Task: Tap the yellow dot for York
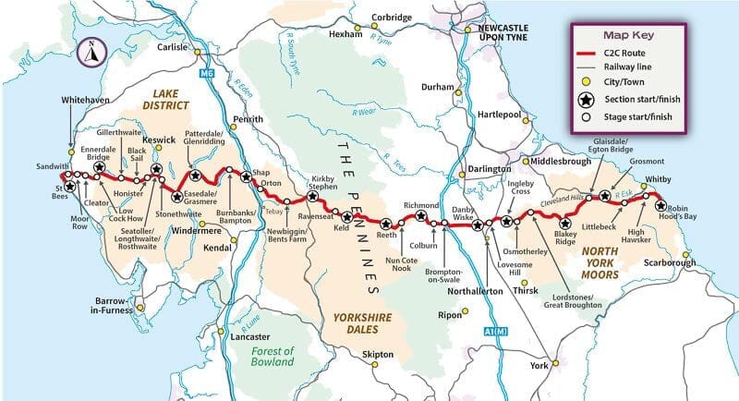point(556,365)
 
